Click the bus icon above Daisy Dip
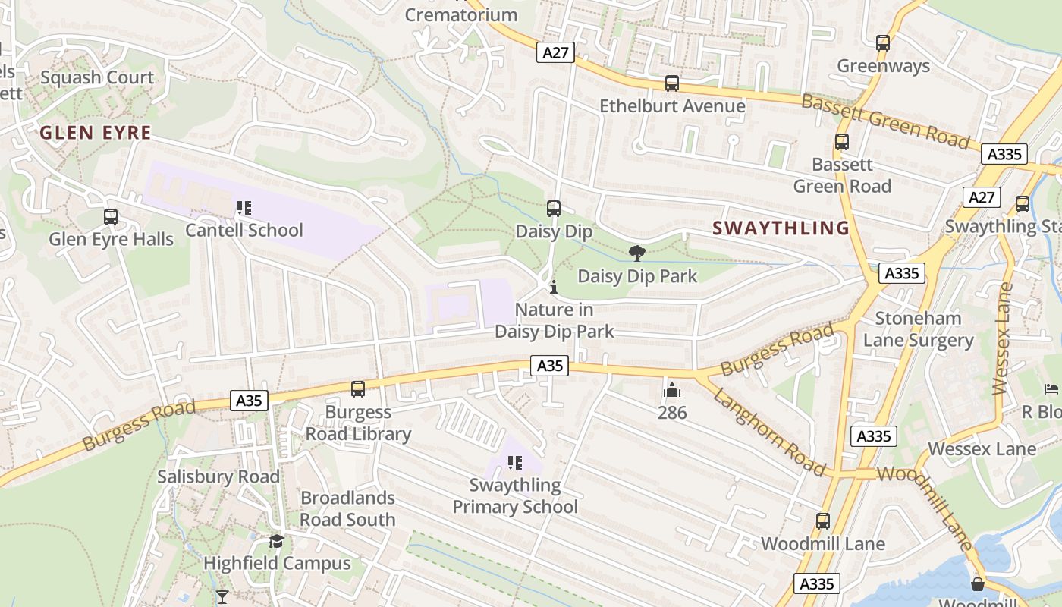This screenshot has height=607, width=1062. [554, 209]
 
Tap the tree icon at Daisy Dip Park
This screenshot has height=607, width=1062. [637, 253]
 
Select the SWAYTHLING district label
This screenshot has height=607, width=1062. [781, 228]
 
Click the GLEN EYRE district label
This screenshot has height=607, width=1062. [96, 133]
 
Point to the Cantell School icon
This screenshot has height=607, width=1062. [244, 208]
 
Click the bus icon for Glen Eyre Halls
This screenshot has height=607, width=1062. [111, 217]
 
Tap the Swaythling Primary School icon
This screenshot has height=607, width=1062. [515, 463]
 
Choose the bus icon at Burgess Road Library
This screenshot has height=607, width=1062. [358, 389]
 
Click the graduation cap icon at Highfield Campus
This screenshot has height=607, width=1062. [276, 541]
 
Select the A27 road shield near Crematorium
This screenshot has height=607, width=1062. [556, 52]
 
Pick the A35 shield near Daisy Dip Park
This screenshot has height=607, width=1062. [549, 366]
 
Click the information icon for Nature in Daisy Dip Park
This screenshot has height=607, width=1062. [554, 287]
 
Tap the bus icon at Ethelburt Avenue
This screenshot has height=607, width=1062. [672, 83]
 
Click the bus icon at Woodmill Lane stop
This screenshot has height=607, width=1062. [823, 521]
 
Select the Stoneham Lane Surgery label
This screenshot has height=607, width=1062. [918, 329]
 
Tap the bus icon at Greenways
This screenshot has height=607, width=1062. [883, 43]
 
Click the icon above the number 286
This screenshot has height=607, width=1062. [671, 391]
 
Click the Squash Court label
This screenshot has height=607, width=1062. [97, 77]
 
